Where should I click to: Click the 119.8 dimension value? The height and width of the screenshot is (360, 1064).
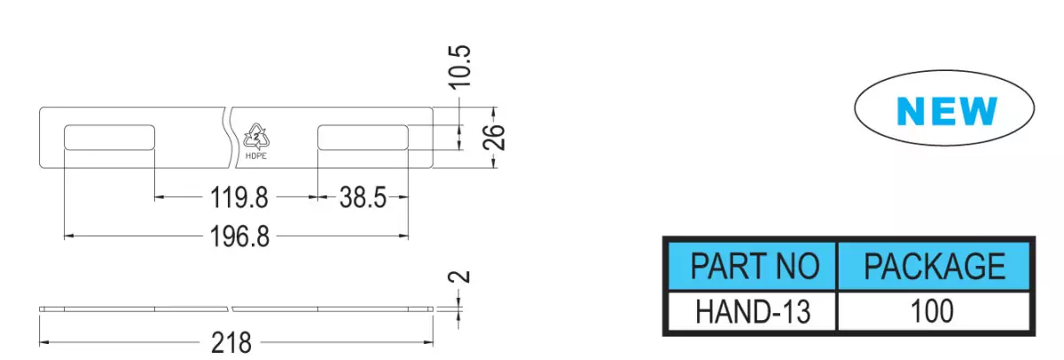click(x=239, y=198)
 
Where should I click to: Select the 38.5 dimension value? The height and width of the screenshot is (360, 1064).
click(x=363, y=198)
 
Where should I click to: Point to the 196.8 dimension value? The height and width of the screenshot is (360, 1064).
click(x=239, y=237)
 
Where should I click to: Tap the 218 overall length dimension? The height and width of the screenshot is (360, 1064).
click(x=231, y=342)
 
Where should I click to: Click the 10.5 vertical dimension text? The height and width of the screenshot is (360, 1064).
click(x=460, y=67)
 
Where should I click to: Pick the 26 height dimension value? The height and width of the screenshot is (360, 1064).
click(x=494, y=137)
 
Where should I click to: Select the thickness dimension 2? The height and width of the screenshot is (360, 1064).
click(x=460, y=277)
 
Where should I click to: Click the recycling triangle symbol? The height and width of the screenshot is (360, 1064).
click(x=256, y=137)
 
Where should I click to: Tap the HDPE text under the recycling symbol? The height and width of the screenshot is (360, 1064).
click(x=256, y=156)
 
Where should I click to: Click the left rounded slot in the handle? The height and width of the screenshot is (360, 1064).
click(x=110, y=137)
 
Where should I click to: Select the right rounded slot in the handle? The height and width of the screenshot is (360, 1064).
click(x=363, y=137)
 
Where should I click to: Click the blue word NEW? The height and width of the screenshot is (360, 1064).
click(x=946, y=111)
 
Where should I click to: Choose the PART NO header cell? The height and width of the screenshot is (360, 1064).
click(x=753, y=266)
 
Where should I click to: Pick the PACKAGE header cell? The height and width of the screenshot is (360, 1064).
click(x=934, y=266)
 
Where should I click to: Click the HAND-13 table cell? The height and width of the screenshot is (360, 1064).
click(x=753, y=311)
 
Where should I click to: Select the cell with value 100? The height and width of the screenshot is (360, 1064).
click(x=934, y=311)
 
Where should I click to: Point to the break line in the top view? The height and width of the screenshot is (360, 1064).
click(x=229, y=137)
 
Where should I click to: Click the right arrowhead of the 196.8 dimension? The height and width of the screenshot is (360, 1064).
click(x=403, y=236)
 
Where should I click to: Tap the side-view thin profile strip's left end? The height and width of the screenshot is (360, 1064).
click(x=40, y=309)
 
